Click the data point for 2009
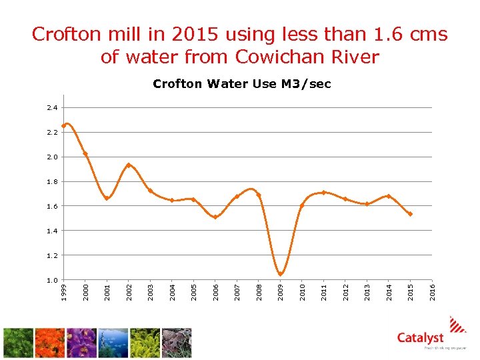281,274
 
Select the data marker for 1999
64,125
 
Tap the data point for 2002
129,165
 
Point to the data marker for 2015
410,214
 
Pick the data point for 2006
215,217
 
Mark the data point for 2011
323,193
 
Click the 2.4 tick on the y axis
53,108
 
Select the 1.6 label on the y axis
53,206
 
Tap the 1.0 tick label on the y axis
53,280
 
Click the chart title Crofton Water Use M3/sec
241,84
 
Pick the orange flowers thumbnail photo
50,343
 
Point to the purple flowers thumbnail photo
81,343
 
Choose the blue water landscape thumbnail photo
113,343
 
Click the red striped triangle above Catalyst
458,324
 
